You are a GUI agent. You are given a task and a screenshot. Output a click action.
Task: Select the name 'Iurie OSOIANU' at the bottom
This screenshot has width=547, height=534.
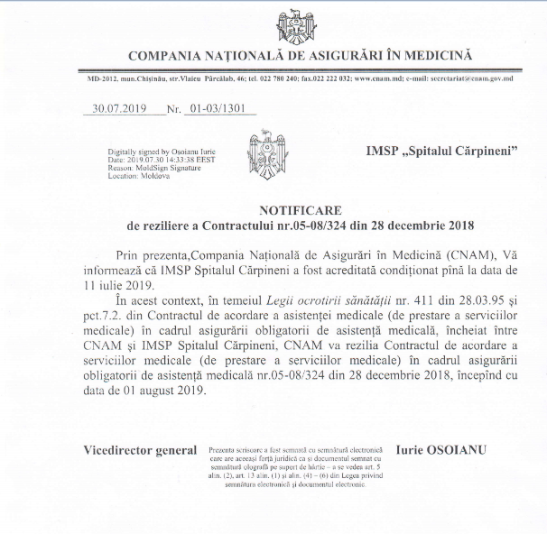click(440, 449)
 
